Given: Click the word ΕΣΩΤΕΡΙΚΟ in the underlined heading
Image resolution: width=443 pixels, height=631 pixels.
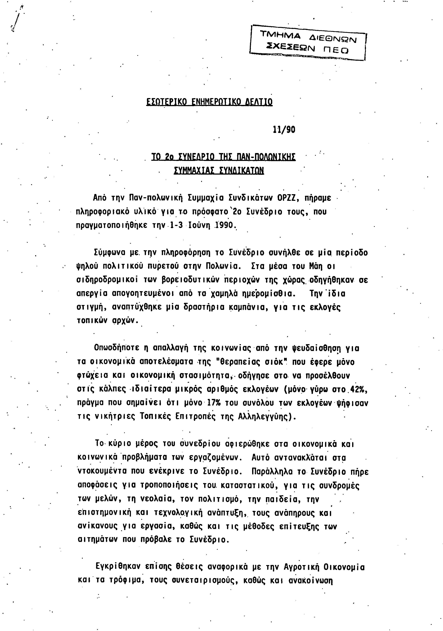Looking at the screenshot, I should pyautogui.click(x=166, y=102).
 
